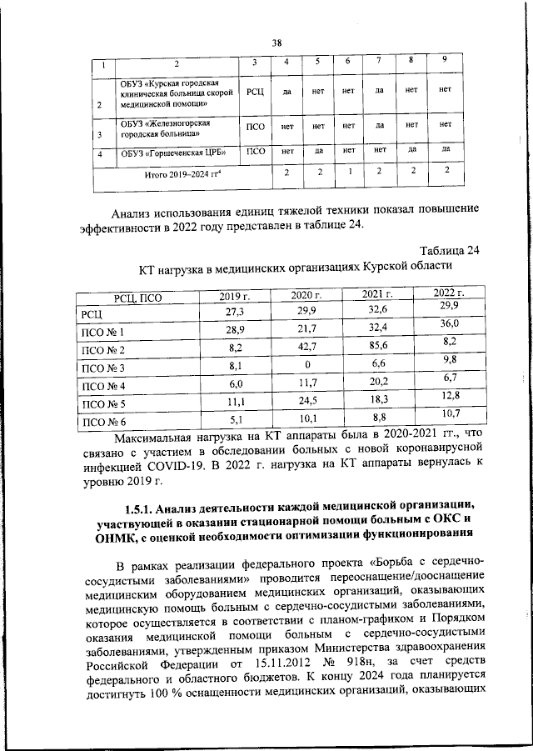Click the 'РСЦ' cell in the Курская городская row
(256, 91)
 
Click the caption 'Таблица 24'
(450, 250)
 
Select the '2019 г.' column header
(235, 296)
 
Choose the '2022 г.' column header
(450, 293)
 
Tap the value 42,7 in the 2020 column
(306, 349)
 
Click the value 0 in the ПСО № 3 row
(306, 367)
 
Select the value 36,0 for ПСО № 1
(450, 324)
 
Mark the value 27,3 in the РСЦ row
(235, 313)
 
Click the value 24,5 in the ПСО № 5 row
(306, 403)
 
